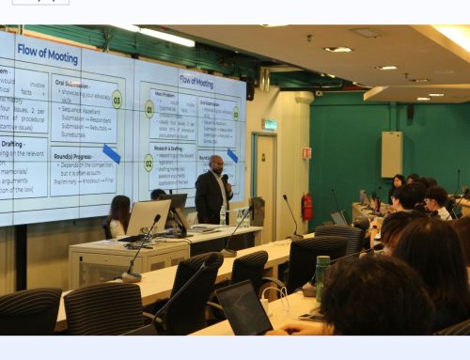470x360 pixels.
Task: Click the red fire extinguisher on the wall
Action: tap(306, 206)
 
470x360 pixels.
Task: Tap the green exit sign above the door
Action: tap(270, 124)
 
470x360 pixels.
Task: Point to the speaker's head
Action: tap(216, 163)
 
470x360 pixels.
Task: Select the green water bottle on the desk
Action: tap(322, 272)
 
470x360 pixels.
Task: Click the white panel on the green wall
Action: tap(391, 154)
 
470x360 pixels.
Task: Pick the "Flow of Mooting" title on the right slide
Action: tap(196, 81)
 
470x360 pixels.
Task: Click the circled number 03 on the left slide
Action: tap(117, 99)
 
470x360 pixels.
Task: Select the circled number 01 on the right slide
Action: tap(149, 108)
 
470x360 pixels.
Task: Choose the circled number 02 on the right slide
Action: tap(149, 162)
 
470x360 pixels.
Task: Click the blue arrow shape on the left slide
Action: tap(111, 153)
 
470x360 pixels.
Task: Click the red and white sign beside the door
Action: tap(306, 152)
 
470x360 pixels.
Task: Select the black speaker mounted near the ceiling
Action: tap(250, 90)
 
